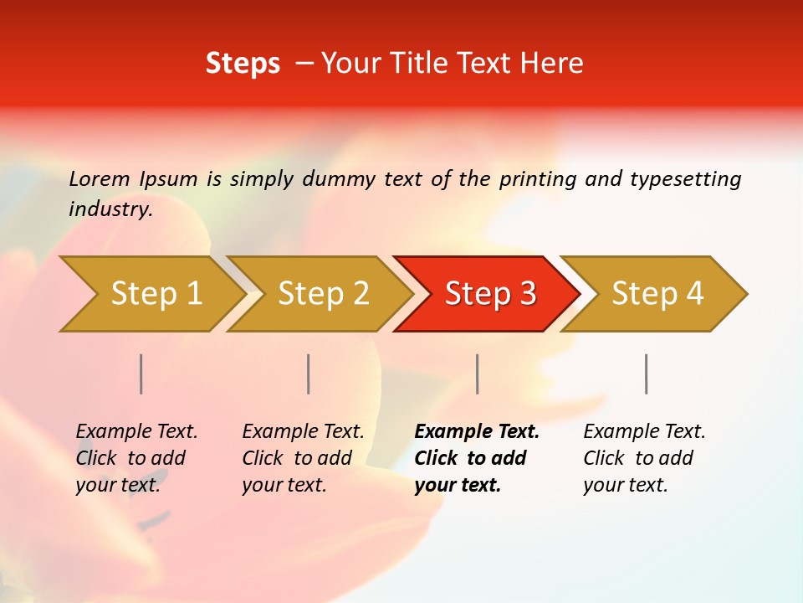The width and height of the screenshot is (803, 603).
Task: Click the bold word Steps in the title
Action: (243, 64)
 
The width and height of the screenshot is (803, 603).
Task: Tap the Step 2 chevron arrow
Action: (322, 294)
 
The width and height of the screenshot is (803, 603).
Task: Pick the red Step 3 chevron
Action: (488, 294)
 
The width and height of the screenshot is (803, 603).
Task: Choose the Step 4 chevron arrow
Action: (657, 294)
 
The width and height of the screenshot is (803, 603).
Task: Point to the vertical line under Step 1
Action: (141, 374)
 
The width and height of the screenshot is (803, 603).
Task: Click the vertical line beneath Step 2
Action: (309, 374)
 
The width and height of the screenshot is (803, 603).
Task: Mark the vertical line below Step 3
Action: (478, 374)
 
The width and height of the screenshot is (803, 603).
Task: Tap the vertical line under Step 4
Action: (647, 374)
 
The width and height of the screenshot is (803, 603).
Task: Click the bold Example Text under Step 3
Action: (477, 432)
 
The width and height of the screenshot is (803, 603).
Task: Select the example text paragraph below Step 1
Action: (136, 458)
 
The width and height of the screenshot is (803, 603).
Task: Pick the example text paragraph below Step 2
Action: (303, 458)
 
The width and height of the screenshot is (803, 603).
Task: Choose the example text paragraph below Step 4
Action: (644, 458)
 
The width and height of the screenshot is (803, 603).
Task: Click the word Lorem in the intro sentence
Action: (100, 179)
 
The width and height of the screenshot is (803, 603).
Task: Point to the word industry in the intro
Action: (110, 209)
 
